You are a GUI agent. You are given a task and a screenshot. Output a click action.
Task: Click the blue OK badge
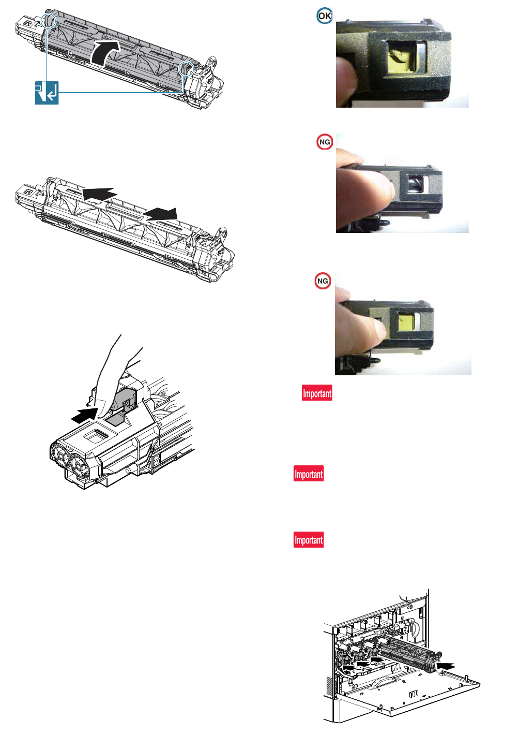click(324, 16)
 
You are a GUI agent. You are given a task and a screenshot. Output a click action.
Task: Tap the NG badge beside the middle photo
click(324, 142)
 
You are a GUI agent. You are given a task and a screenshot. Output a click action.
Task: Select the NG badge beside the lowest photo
click(323, 281)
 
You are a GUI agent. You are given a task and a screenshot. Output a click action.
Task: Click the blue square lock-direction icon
click(47, 93)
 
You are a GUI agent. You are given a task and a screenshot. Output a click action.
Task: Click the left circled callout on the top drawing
click(48, 21)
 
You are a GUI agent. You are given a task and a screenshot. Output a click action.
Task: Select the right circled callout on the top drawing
click(186, 68)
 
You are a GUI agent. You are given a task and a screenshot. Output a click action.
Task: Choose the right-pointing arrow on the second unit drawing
click(161, 214)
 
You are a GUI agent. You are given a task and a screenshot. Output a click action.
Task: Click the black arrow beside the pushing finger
click(84, 415)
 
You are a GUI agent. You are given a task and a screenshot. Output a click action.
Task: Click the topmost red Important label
click(317, 393)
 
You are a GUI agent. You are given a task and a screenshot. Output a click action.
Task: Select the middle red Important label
click(309, 474)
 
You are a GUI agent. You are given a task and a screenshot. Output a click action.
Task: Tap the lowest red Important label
click(309, 539)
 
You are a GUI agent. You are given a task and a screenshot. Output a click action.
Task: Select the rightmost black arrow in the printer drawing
click(446, 666)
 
